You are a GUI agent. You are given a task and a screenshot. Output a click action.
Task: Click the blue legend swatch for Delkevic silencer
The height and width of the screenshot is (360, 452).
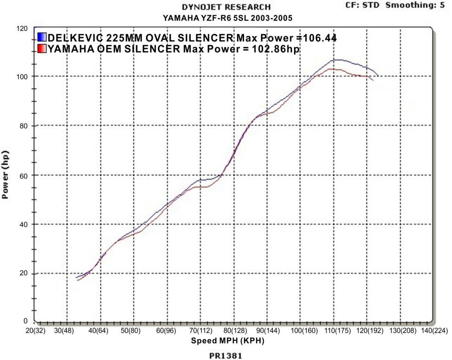click(x=41, y=38)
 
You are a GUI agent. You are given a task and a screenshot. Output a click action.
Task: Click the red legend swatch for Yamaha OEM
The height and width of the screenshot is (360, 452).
click(x=41, y=48)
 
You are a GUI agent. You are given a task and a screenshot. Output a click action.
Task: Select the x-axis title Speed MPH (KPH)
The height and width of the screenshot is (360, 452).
click(x=227, y=341)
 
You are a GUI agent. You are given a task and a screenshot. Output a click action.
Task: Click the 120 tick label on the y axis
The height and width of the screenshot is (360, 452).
click(x=22, y=29)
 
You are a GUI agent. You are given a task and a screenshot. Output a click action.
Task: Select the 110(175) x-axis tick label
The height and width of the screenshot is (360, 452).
click(x=334, y=330)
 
